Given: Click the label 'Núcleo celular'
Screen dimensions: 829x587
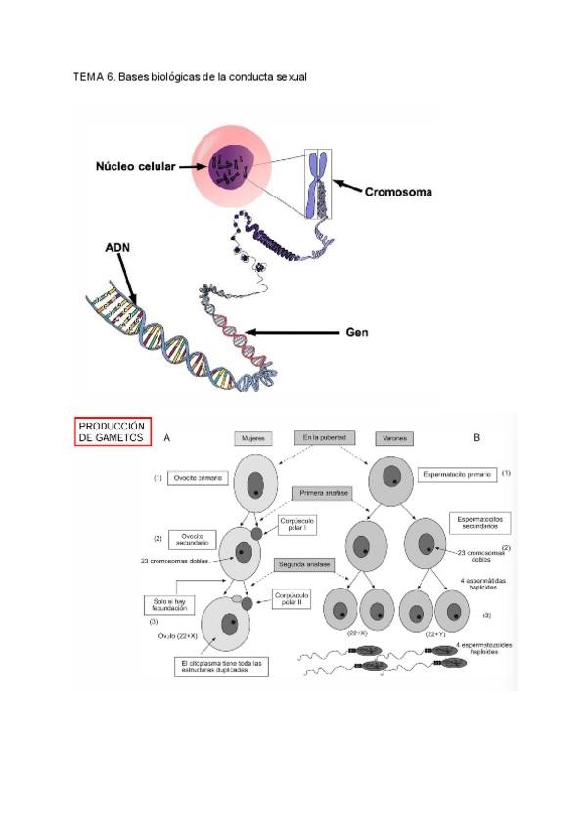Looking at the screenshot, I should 135,166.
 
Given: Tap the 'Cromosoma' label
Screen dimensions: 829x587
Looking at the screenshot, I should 398,192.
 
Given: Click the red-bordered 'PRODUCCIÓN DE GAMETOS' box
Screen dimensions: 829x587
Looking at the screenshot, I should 113,432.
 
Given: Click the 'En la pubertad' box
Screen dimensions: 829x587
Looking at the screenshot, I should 325,436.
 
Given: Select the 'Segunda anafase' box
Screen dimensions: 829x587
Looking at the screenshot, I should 304,565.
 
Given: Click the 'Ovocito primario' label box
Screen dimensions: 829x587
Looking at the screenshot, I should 199,479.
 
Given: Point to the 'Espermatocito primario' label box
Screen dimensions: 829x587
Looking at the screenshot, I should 456,474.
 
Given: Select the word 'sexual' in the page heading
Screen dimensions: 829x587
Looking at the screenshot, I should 290,76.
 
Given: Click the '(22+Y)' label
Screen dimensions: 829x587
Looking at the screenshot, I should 437,633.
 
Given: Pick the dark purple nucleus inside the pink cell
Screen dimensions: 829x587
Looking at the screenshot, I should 232,169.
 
